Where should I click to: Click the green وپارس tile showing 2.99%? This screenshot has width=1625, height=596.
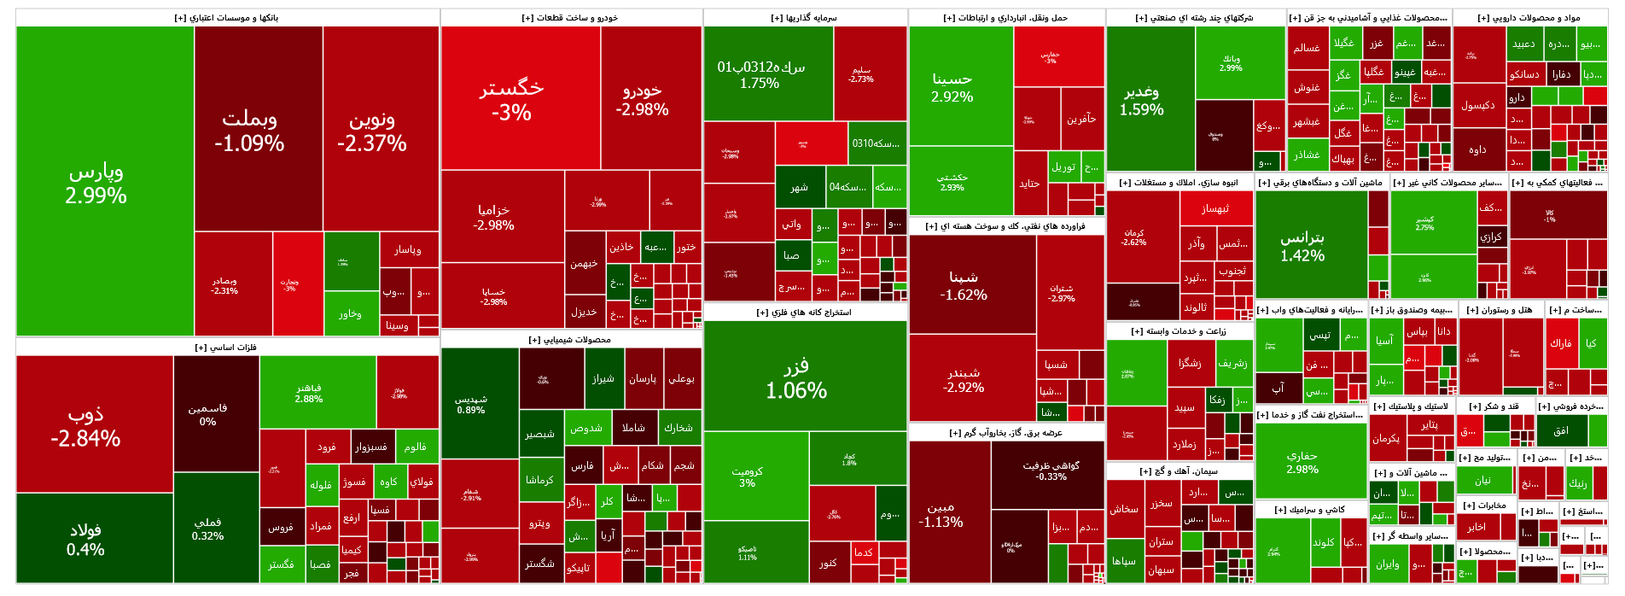pyautogui.click(x=96, y=182)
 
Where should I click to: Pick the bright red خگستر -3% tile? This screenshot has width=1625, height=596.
pyautogui.click(x=511, y=98)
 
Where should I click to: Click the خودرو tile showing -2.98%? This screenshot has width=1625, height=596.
pyautogui.click(x=642, y=98)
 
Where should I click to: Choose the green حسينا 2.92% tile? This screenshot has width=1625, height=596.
pyautogui.click(x=952, y=86)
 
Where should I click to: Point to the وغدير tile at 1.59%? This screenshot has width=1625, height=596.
pyautogui.click(x=1142, y=99)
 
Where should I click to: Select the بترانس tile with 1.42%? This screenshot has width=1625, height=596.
pyautogui.click(x=1302, y=245)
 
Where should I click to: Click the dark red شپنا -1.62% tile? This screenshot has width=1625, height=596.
pyautogui.click(x=964, y=284)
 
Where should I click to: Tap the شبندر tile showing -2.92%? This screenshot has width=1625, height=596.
pyautogui.click(x=964, y=379)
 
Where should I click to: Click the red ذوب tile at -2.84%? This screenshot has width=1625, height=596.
pyautogui.click(x=85, y=424)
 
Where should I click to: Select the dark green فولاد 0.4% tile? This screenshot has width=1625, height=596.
pyautogui.click(x=85, y=539)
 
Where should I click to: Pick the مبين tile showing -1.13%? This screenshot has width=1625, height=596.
pyautogui.click(x=941, y=513)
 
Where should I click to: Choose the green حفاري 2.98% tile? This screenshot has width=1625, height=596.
pyautogui.click(x=1302, y=461)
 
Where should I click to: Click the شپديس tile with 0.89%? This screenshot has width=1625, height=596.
pyautogui.click(x=471, y=403)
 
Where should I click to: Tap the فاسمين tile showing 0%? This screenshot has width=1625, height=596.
pyautogui.click(x=207, y=414)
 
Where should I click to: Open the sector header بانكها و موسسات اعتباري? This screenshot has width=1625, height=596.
pyautogui.click(x=227, y=18)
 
